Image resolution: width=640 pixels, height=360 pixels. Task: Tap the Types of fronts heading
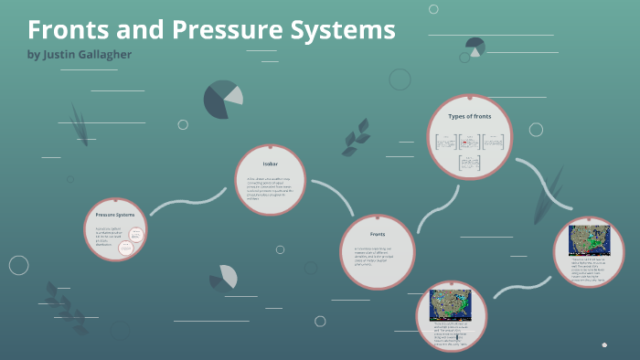[x=470, y=117]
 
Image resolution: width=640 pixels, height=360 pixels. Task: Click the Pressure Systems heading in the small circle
[x=114, y=215]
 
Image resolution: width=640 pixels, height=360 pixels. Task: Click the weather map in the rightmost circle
[x=589, y=239]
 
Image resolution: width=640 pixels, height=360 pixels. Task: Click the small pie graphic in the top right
[x=475, y=46]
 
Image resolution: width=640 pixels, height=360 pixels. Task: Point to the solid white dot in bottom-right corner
[x=604, y=344]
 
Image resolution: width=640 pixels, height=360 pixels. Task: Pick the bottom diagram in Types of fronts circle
[x=470, y=163]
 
